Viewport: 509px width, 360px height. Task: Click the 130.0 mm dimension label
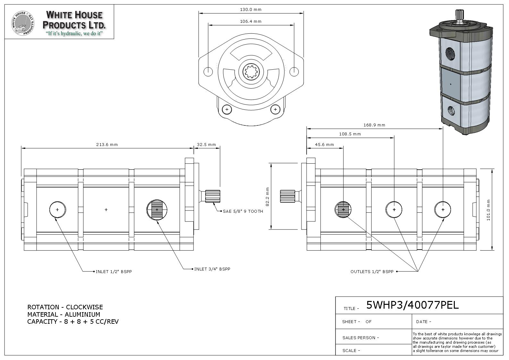tap(251, 10)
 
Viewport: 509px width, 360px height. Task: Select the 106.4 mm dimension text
tap(251, 21)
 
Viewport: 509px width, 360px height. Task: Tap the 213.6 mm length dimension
tap(107, 145)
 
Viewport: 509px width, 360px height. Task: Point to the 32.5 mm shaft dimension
tap(207, 145)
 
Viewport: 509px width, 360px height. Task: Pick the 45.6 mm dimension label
tap(325, 145)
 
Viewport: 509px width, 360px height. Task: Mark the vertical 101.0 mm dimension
tap(488, 210)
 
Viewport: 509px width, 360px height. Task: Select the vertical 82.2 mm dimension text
tap(267, 197)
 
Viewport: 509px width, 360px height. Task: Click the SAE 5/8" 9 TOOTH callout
tap(243, 211)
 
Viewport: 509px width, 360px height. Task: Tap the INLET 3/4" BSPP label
tap(212, 269)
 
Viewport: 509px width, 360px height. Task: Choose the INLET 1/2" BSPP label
tap(114, 272)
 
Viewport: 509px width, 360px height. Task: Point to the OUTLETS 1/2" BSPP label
tap(372, 272)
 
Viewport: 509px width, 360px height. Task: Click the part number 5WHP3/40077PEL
tap(412, 305)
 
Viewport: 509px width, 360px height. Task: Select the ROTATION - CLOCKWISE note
tap(65, 307)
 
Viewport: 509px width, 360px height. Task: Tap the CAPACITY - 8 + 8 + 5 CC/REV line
tap(73, 322)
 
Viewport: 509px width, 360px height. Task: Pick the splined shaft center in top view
tap(251, 72)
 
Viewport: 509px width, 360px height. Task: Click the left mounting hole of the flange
tap(208, 72)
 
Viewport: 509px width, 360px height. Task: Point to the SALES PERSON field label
tap(361, 338)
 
